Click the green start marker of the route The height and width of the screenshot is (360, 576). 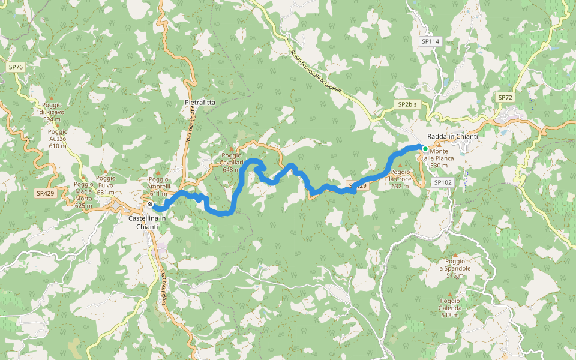(425, 149)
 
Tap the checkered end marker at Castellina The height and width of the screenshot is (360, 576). (149, 205)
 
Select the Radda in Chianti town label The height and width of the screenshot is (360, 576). (452, 137)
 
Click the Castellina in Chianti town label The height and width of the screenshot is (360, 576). (147, 223)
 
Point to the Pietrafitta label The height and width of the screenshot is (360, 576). (199, 103)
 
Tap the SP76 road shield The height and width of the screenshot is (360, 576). (16, 67)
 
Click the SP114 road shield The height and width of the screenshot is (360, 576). (430, 41)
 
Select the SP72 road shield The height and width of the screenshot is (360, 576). (505, 97)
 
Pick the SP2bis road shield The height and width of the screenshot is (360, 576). (407, 104)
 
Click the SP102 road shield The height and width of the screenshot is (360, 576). (442, 182)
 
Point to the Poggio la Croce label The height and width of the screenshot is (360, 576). (400, 179)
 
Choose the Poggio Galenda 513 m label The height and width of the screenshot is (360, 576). (450, 308)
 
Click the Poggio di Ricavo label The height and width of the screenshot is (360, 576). (52, 112)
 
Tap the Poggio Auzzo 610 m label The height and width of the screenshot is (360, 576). (58, 139)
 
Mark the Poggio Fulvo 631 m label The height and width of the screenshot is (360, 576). (105, 185)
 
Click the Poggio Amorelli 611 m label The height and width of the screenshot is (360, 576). (158, 186)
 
